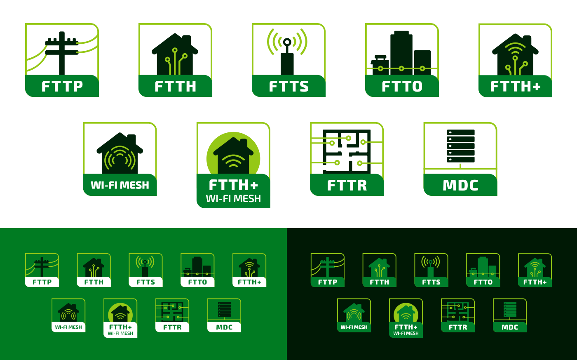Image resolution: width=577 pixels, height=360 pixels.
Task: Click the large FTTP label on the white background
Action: click(62, 86)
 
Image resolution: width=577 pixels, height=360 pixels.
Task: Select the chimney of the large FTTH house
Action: click(186, 41)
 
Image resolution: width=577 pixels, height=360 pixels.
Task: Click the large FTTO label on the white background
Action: click(402, 86)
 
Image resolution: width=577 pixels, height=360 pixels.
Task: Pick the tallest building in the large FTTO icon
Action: click(401, 52)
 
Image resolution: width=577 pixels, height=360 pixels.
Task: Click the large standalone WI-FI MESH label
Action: click(120, 185)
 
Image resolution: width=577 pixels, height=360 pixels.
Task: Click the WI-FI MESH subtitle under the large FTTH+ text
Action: click(233, 199)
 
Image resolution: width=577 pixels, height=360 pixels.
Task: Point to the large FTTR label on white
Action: click(347, 185)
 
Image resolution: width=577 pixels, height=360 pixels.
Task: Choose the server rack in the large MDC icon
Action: click(460, 146)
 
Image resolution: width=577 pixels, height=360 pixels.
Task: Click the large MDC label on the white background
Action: click(460, 185)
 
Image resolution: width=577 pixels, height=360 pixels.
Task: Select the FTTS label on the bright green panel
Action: click(146, 282)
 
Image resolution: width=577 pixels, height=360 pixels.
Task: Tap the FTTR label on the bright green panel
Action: click(172, 327)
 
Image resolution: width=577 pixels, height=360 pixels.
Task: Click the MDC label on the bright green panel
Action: click(224, 327)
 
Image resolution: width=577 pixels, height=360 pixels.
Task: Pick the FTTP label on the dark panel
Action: click(328, 282)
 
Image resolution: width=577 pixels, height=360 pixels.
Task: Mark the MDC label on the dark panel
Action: click(510, 327)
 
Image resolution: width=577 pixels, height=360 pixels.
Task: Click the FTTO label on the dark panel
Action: click(483, 282)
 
